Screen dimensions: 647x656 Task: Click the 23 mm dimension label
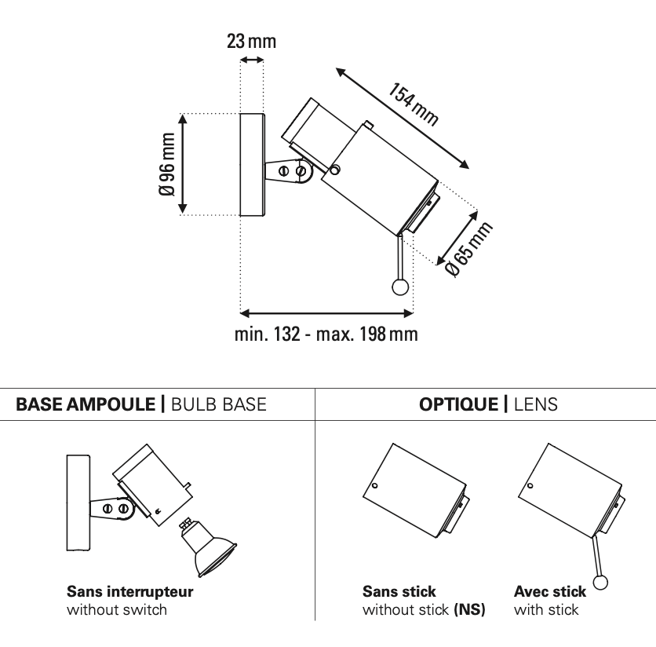point(251,42)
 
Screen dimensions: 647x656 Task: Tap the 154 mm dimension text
point(413,102)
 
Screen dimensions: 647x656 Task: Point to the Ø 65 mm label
point(468,248)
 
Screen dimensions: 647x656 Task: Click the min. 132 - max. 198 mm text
point(326,335)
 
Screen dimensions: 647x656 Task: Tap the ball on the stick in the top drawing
point(400,287)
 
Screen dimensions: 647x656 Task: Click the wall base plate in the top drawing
point(252,164)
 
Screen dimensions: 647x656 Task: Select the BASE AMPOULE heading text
point(86,404)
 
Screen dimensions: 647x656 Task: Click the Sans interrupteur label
point(129,592)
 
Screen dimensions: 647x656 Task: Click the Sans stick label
point(399,592)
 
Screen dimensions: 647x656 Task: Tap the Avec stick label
point(549,592)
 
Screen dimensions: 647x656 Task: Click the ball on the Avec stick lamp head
point(602,582)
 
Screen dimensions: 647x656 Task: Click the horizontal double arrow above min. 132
point(326,313)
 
